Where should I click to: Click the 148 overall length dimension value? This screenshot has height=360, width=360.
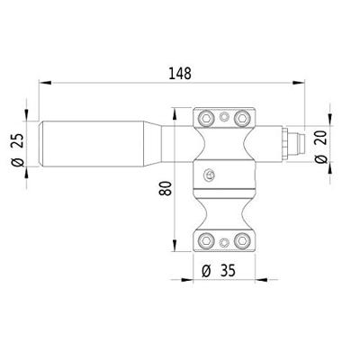(x=178, y=72)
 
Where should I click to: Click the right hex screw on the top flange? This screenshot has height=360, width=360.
(x=239, y=118)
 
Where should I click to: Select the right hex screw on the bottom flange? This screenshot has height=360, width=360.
(x=239, y=240)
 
